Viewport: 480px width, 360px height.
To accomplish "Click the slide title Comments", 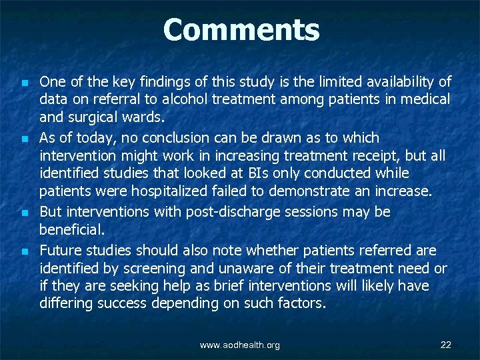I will click(241, 30).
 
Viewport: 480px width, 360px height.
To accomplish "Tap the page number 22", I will click(446, 345).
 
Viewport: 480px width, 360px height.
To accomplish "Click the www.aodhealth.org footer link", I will click(240, 345).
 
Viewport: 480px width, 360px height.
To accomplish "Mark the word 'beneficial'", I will click(71, 229).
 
